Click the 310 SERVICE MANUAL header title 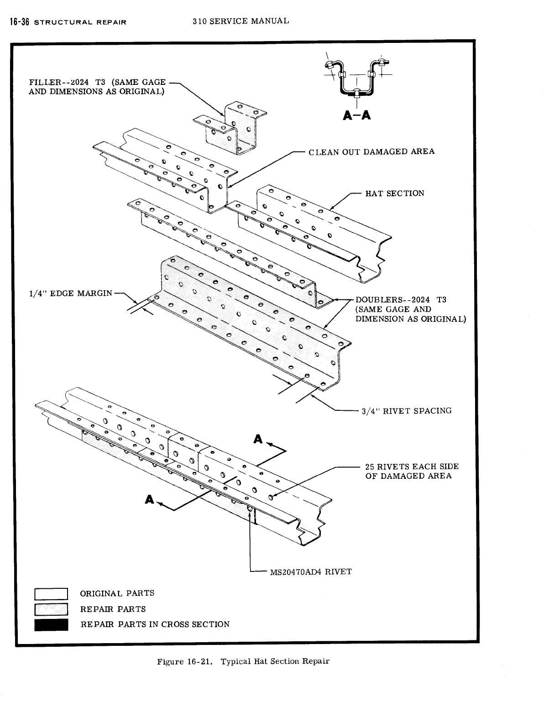[241, 21]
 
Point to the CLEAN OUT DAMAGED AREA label [371, 152]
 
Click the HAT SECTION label [395, 194]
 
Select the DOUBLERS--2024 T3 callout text [410, 309]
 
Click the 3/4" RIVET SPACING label [406, 411]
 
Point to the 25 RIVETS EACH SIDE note [412, 471]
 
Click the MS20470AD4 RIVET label [311, 572]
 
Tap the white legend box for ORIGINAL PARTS [51, 594]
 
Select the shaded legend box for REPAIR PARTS [51, 609]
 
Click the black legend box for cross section [51, 624]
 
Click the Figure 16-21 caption [243, 661]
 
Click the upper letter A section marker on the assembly [258, 439]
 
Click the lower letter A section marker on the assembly [149, 500]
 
